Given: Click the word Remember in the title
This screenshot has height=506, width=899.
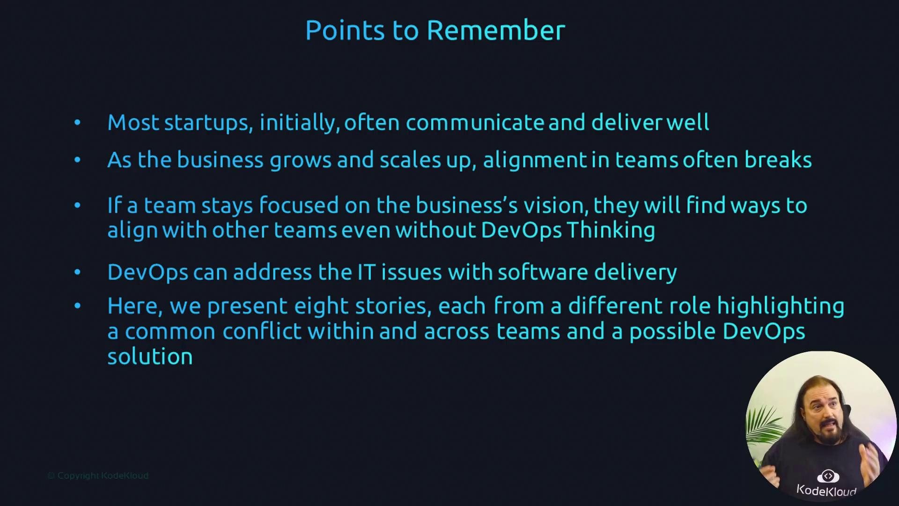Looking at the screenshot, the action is click(x=496, y=30).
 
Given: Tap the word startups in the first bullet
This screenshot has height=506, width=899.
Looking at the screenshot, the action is click(x=209, y=123).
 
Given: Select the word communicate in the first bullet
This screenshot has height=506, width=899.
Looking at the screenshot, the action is click(x=475, y=123).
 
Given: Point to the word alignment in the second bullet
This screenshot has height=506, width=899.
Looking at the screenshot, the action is click(x=535, y=161).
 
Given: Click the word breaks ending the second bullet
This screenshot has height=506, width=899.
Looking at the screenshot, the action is click(x=778, y=160).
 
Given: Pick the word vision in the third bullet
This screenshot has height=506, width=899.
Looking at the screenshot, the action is click(x=556, y=206).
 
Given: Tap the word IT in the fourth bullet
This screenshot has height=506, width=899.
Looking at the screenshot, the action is click(x=367, y=272).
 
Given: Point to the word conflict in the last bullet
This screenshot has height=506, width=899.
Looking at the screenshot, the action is click(x=262, y=331).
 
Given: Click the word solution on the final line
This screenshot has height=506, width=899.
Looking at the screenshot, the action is click(x=150, y=357).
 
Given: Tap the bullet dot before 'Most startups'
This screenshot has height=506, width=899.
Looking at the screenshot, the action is click(x=77, y=123).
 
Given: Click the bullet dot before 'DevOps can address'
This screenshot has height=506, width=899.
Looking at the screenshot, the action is click(x=77, y=272).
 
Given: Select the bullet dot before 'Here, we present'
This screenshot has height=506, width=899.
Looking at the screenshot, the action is click(x=77, y=306).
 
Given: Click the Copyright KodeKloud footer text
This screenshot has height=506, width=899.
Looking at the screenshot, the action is click(x=98, y=476).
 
